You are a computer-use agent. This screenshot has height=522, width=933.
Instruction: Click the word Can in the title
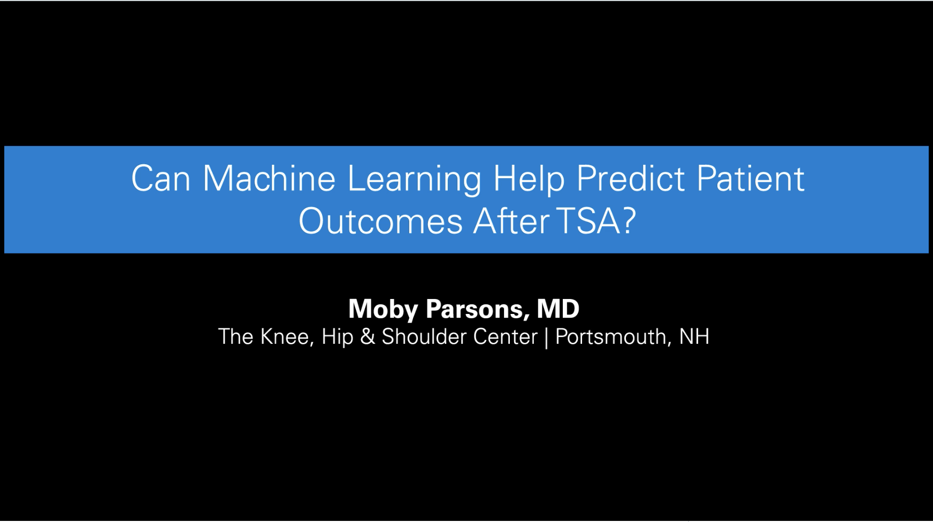(160, 179)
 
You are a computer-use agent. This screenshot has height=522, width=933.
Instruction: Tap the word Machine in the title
(269, 179)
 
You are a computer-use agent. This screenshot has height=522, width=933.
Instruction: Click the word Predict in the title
(631, 179)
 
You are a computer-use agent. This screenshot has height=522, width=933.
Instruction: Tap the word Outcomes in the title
(380, 221)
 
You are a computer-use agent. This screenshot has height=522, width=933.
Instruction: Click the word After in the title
(511, 221)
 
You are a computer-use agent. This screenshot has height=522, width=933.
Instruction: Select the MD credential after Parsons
(558, 309)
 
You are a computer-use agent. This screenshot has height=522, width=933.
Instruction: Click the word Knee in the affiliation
(287, 337)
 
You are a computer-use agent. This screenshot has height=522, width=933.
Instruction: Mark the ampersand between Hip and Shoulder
(368, 337)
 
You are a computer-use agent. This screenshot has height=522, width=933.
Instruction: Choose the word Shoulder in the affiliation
(423, 337)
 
